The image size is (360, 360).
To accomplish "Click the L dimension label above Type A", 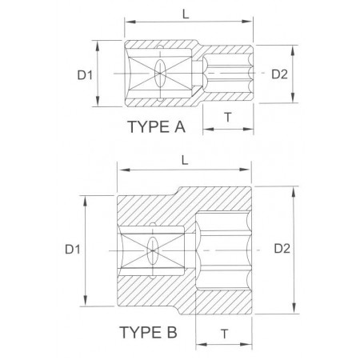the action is point(186,14).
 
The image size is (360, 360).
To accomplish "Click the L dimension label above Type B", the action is point(185,160).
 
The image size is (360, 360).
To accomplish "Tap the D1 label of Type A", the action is point(85,75).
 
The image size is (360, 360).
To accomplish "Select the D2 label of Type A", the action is point(279,74).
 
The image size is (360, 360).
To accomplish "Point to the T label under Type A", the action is point(228,117).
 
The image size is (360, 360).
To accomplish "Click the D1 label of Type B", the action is point(73,250).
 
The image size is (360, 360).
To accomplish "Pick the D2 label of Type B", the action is point(282,249).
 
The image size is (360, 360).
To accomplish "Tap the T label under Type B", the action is point(225,334).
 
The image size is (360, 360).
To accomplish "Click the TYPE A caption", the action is point(157,126).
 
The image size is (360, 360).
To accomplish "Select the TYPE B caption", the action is point(148,332).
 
